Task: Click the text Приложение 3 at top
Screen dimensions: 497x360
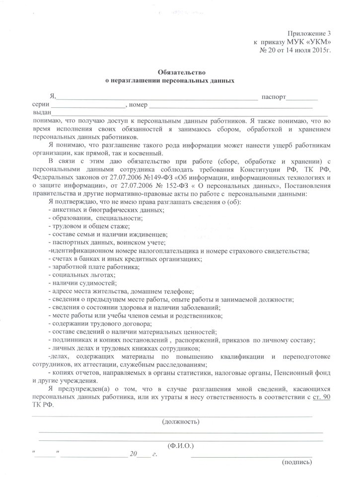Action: pyautogui.click(x=308, y=32)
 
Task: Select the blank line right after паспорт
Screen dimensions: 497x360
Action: pyautogui.click(x=302, y=97)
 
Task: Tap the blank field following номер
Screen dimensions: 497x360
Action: pyautogui.click(x=231, y=105)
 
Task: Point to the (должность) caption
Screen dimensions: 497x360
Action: pyautogui.click(x=181, y=421)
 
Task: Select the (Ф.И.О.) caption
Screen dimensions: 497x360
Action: pyautogui.click(x=181, y=445)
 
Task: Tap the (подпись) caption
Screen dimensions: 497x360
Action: pyautogui.click(x=296, y=462)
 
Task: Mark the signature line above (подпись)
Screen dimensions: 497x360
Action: pyautogui.click(x=251, y=455)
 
